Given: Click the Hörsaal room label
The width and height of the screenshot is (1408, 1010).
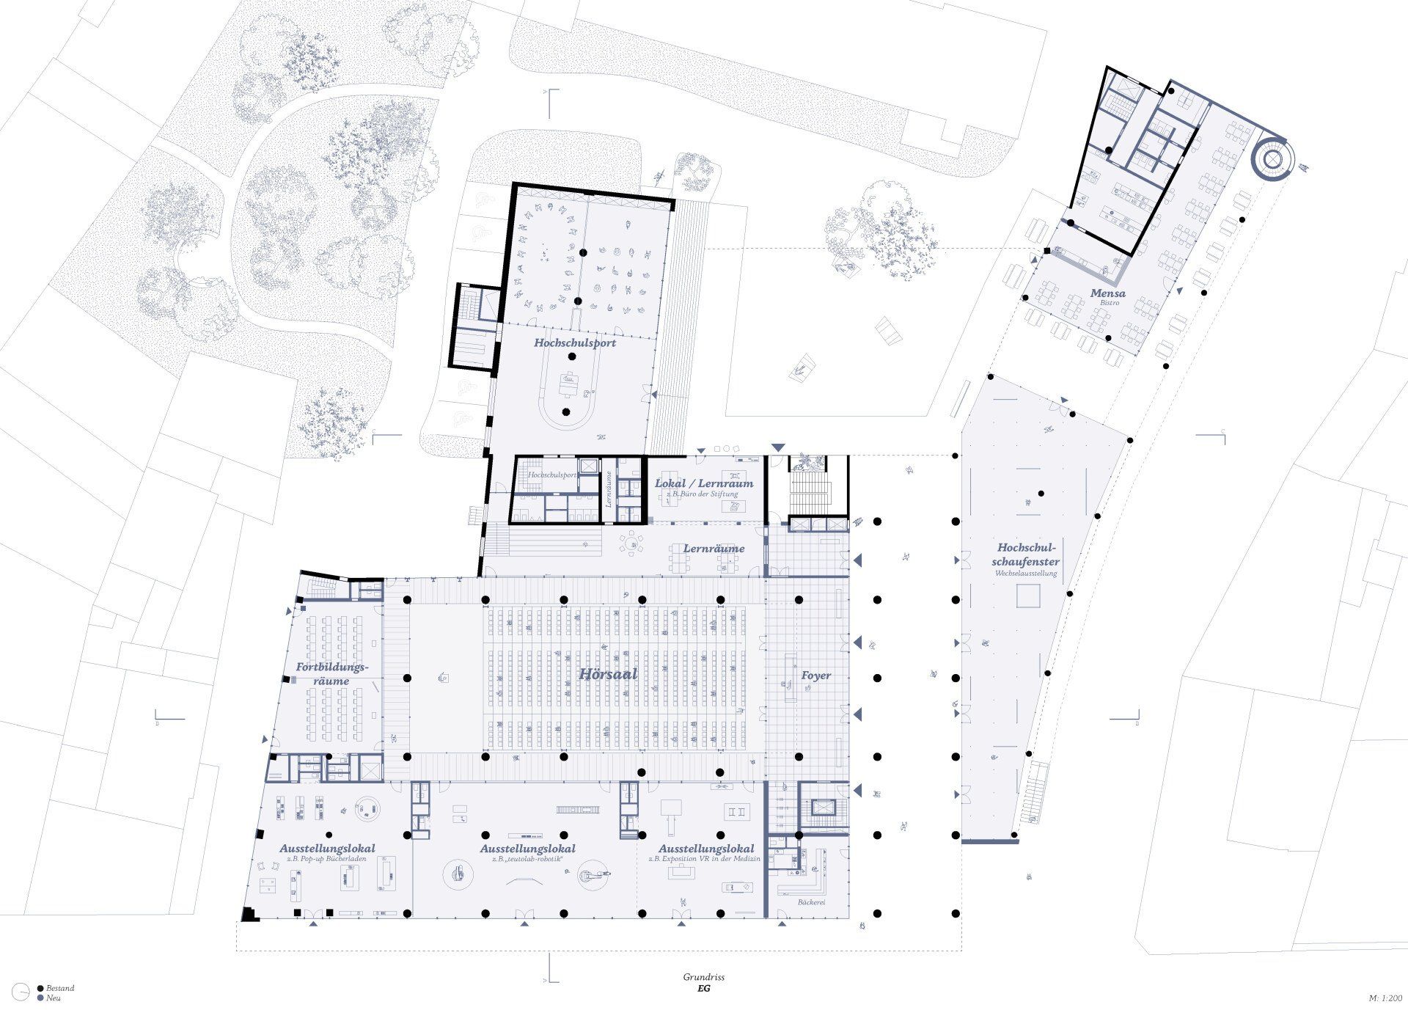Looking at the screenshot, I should [608, 674].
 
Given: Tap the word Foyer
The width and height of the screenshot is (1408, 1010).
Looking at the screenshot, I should [815, 675].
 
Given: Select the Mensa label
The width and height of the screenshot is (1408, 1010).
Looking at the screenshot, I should [1107, 293].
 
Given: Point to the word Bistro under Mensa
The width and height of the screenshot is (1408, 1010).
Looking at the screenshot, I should [1108, 303].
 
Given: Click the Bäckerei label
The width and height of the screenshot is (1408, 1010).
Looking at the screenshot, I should [812, 901].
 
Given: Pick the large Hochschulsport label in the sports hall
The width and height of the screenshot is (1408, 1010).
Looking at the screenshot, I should [575, 343].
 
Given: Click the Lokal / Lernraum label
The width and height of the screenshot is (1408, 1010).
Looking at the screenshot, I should [704, 483].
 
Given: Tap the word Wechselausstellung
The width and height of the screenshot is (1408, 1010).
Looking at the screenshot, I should [1026, 573].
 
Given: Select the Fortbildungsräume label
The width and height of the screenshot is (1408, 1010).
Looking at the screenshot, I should [330, 673].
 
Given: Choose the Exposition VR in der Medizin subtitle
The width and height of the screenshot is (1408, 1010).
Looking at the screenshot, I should [704, 858].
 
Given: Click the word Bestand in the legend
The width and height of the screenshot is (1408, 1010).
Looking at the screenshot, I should [60, 988].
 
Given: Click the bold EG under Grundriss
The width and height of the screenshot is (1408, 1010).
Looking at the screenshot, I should [703, 988].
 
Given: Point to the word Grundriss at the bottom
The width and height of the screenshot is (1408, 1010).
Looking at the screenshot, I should [703, 977].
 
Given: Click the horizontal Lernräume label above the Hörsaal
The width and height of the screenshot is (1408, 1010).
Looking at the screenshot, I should [714, 548].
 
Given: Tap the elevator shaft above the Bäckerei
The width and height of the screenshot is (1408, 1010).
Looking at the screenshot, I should [823, 807].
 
